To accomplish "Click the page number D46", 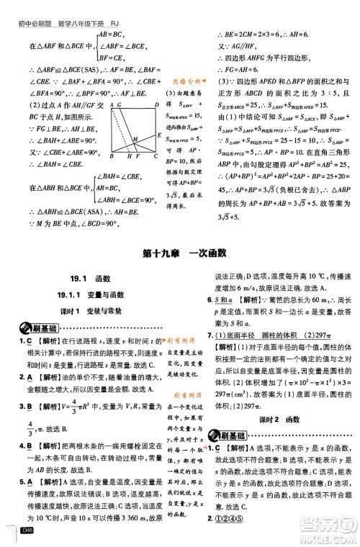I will [30, 531].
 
